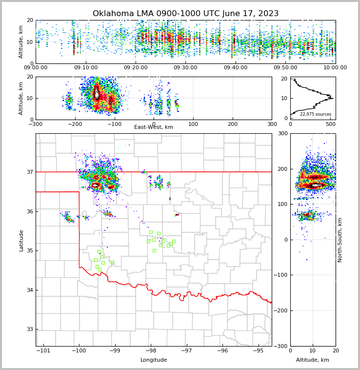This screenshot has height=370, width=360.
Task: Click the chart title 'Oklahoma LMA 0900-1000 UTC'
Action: click(x=185, y=14)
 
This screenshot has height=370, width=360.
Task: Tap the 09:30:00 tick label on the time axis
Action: click(x=185, y=68)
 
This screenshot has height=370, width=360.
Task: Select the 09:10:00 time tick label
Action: click(x=85, y=68)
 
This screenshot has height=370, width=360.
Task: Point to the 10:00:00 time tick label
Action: click(x=335, y=68)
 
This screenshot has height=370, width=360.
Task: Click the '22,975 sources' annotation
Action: click(x=316, y=114)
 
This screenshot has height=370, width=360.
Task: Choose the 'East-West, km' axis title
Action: click(x=154, y=127)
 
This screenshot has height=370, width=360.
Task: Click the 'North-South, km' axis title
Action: click(x=340, y=240)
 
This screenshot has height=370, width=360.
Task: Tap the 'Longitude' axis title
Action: click(x=154, y=360)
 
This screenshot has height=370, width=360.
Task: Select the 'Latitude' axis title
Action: click(x=21, y=240)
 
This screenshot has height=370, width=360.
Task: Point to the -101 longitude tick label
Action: click(x=43, y=350)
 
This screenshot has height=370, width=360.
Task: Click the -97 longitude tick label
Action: click(x=186, y=350)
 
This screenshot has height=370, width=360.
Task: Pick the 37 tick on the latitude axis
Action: click(x=29, y=172)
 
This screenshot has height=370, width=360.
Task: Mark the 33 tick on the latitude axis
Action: click(x=29, y=329)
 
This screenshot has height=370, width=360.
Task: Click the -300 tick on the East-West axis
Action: click(x=36, y=124)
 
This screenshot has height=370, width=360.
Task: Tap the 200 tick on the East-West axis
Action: click(x=233, y=124)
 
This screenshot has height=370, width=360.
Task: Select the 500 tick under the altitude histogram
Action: click(x=331, y=124)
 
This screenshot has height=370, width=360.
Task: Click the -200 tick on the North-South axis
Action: click(x=281, y=311)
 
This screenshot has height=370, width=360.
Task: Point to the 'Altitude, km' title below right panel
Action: click(x=313, y=360)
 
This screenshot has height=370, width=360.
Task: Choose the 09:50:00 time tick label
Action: click(x=285, y=68)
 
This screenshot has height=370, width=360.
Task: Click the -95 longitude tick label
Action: click(x=258, y=350)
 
